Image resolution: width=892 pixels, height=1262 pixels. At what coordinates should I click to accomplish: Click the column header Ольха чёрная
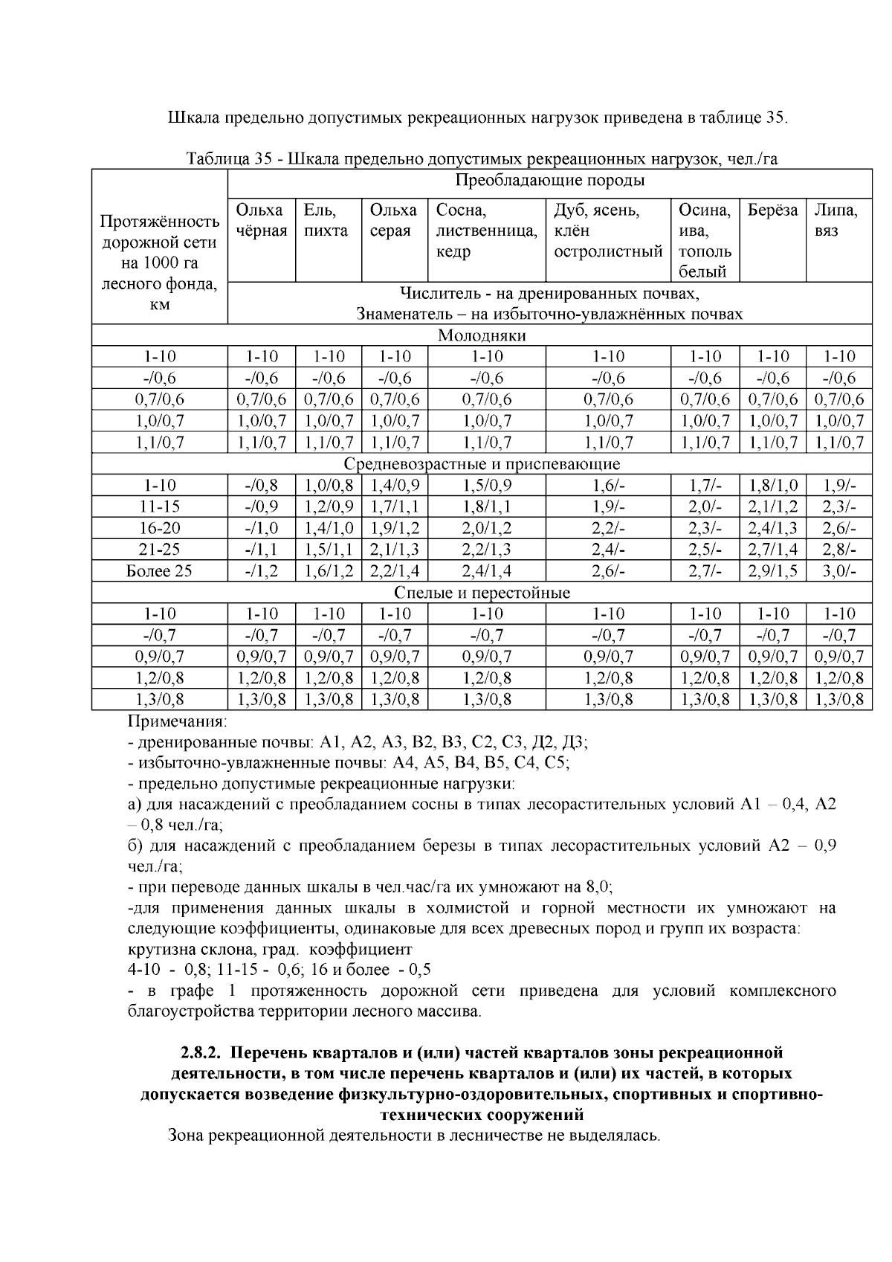point(261,221)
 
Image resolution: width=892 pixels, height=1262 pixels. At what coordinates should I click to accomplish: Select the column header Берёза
point(772,210)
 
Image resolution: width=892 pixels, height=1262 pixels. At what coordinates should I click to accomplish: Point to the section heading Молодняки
point(482,335)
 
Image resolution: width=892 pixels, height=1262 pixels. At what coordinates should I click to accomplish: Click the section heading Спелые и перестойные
point(482,593)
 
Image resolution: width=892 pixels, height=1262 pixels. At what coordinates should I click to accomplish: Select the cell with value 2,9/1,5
point(772,571)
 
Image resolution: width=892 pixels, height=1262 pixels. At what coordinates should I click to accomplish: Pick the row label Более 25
point(159,571)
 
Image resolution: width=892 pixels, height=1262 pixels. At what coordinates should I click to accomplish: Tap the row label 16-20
point(159,528)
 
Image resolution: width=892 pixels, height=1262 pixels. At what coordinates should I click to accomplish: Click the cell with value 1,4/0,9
point(394,486)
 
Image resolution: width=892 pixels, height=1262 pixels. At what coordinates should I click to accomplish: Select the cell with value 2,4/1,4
point(487,571)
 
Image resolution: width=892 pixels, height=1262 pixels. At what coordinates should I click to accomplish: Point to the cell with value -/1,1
point(261,550)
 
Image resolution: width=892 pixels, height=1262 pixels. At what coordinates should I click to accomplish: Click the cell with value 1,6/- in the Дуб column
point(608,486)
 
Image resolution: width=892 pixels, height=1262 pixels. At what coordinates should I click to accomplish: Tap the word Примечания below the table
point(177,721)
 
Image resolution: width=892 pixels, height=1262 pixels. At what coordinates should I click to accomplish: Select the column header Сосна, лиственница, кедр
point(487,231)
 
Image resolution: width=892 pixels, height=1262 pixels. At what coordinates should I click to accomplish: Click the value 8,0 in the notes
point(598,887)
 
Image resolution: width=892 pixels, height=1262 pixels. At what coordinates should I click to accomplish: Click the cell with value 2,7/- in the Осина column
point(705,571)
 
